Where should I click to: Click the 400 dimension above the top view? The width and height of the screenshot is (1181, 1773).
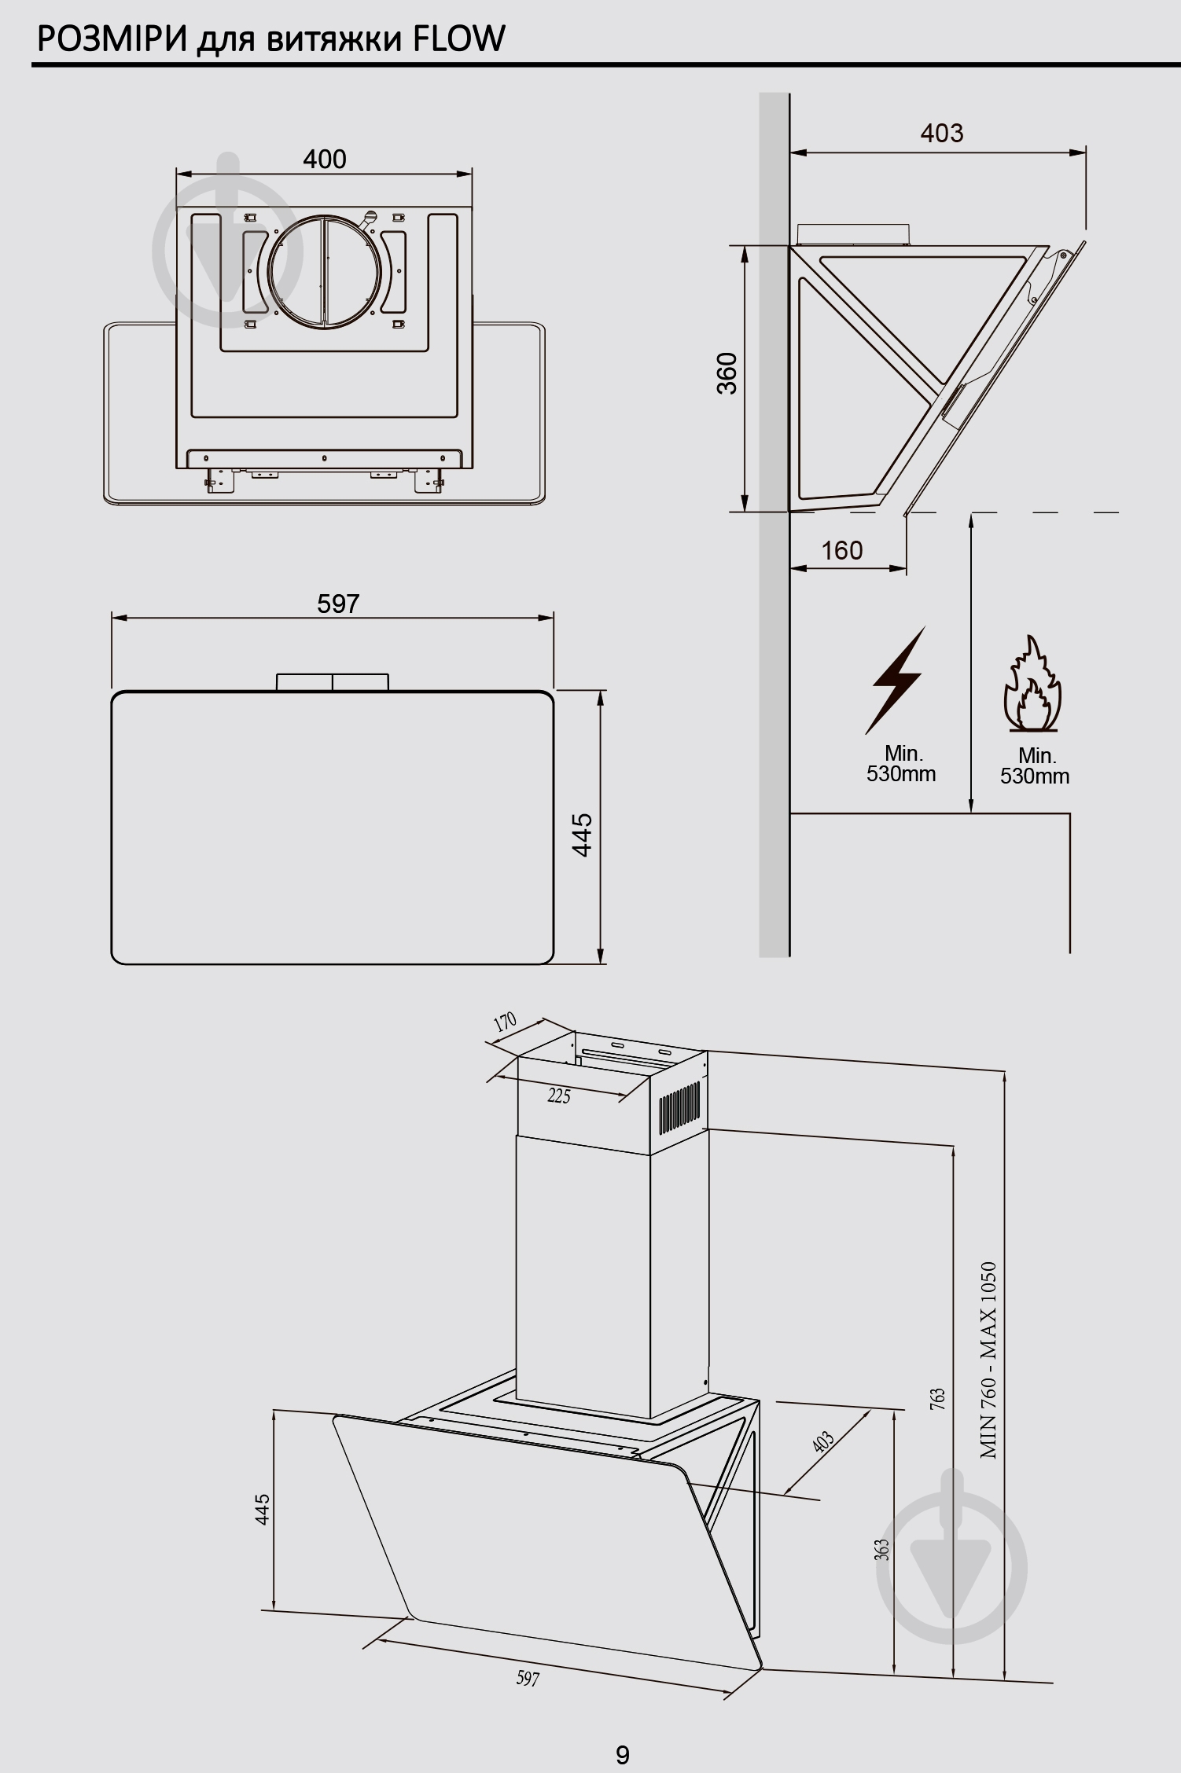(x=325, y=160)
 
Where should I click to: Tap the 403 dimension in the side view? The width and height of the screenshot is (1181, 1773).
(x=942, y=134)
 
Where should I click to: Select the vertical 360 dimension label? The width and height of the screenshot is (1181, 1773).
(x=727, y=373)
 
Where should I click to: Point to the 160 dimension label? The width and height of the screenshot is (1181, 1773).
(x=842, y=550)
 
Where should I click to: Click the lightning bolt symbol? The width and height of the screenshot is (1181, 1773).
(x=896, y=680)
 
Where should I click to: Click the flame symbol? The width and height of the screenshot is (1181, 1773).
(x=1032, y=683)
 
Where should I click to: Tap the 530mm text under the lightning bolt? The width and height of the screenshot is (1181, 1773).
(x=901, y=774)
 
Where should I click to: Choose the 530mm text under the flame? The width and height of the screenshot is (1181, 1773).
(x=1035, y=776)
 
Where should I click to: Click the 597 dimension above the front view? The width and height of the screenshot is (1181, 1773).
(x=338, y=604)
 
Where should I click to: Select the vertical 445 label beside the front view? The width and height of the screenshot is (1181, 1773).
(x=582, y=835)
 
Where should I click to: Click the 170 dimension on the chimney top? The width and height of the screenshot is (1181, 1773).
(x=505, y=1022)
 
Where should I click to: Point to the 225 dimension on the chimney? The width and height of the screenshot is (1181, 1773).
(x=558, y=1096)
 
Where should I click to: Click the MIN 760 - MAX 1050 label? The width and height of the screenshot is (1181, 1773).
(x=988, y=1360)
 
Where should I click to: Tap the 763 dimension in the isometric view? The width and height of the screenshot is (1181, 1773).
(x=938, y=1400)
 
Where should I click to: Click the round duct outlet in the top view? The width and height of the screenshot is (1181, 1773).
(x=325, y=270)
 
